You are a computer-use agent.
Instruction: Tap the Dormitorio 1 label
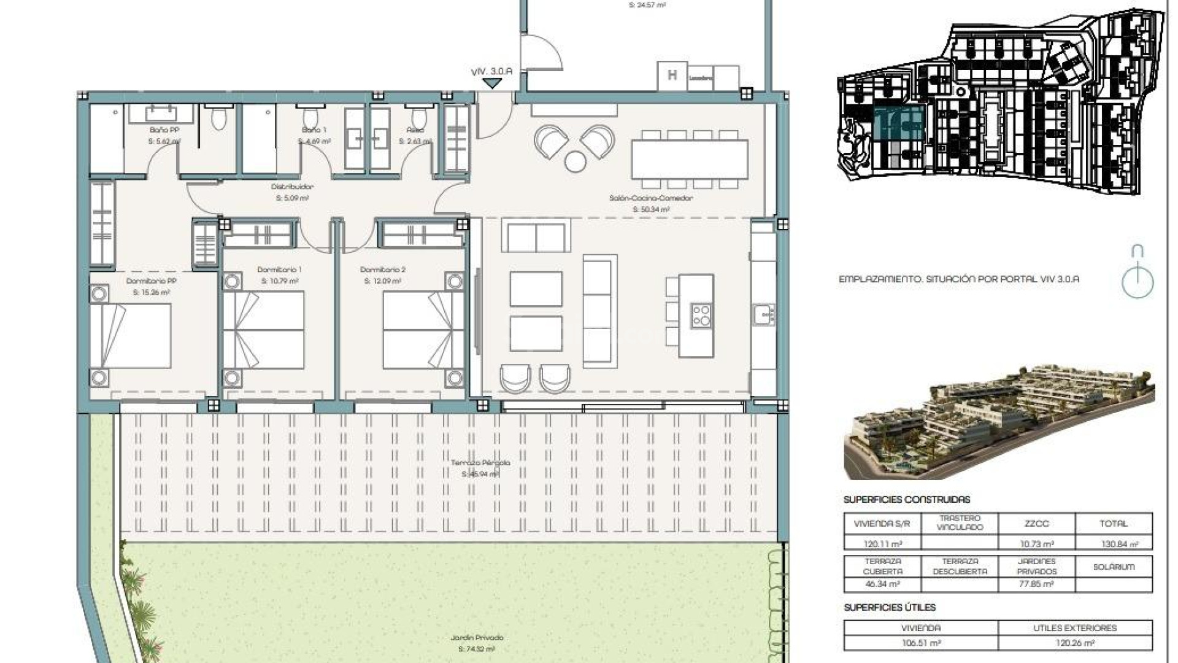279,269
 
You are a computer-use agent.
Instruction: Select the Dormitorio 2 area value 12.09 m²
383,281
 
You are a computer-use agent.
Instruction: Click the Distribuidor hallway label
293,187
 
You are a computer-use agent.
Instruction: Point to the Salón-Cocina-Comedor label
651,198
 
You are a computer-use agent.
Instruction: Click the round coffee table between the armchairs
576,161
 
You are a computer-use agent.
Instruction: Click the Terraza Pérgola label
480,463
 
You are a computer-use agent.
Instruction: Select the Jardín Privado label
477,638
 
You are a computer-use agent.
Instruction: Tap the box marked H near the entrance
672,76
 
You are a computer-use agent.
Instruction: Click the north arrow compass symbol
1138,273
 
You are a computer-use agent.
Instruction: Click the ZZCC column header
1036,524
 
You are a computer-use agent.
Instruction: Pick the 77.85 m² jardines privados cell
1036,584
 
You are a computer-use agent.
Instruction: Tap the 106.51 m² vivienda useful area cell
920,643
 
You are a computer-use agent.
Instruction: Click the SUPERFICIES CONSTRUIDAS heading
906,500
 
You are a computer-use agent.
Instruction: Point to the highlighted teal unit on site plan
899,123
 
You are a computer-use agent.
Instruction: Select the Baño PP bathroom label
164,130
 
